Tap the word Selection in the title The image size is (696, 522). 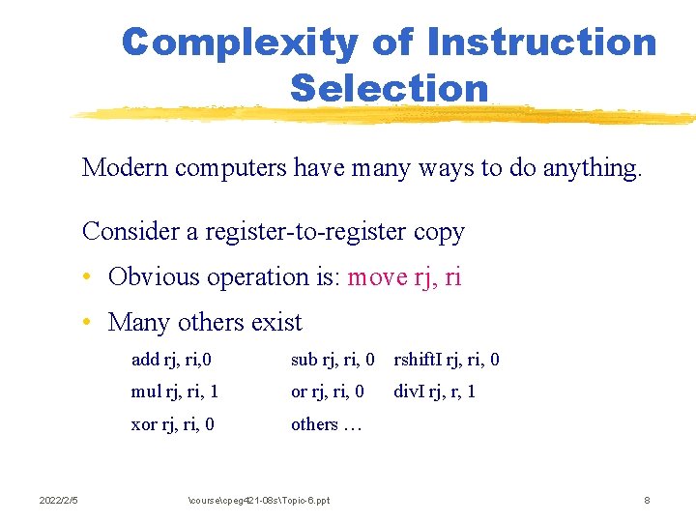point(389,88)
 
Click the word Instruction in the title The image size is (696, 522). point(540,43)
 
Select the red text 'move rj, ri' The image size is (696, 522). point(404,277)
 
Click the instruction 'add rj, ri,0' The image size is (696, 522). point(171,361)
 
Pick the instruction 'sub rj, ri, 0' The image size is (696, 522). point(333,361)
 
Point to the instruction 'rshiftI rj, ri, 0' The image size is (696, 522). point(446,361)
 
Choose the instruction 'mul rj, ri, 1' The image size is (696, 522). point(174,392)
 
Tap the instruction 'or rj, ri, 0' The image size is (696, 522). point(327,392)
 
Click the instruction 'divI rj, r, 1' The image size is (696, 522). point(434,392)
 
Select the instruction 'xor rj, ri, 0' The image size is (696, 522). point(172,424)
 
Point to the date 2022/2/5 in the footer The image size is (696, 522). point(58,500)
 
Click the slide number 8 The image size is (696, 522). point(647,500)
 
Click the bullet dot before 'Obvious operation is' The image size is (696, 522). point(88,278)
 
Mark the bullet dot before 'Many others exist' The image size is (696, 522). point(88,323)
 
